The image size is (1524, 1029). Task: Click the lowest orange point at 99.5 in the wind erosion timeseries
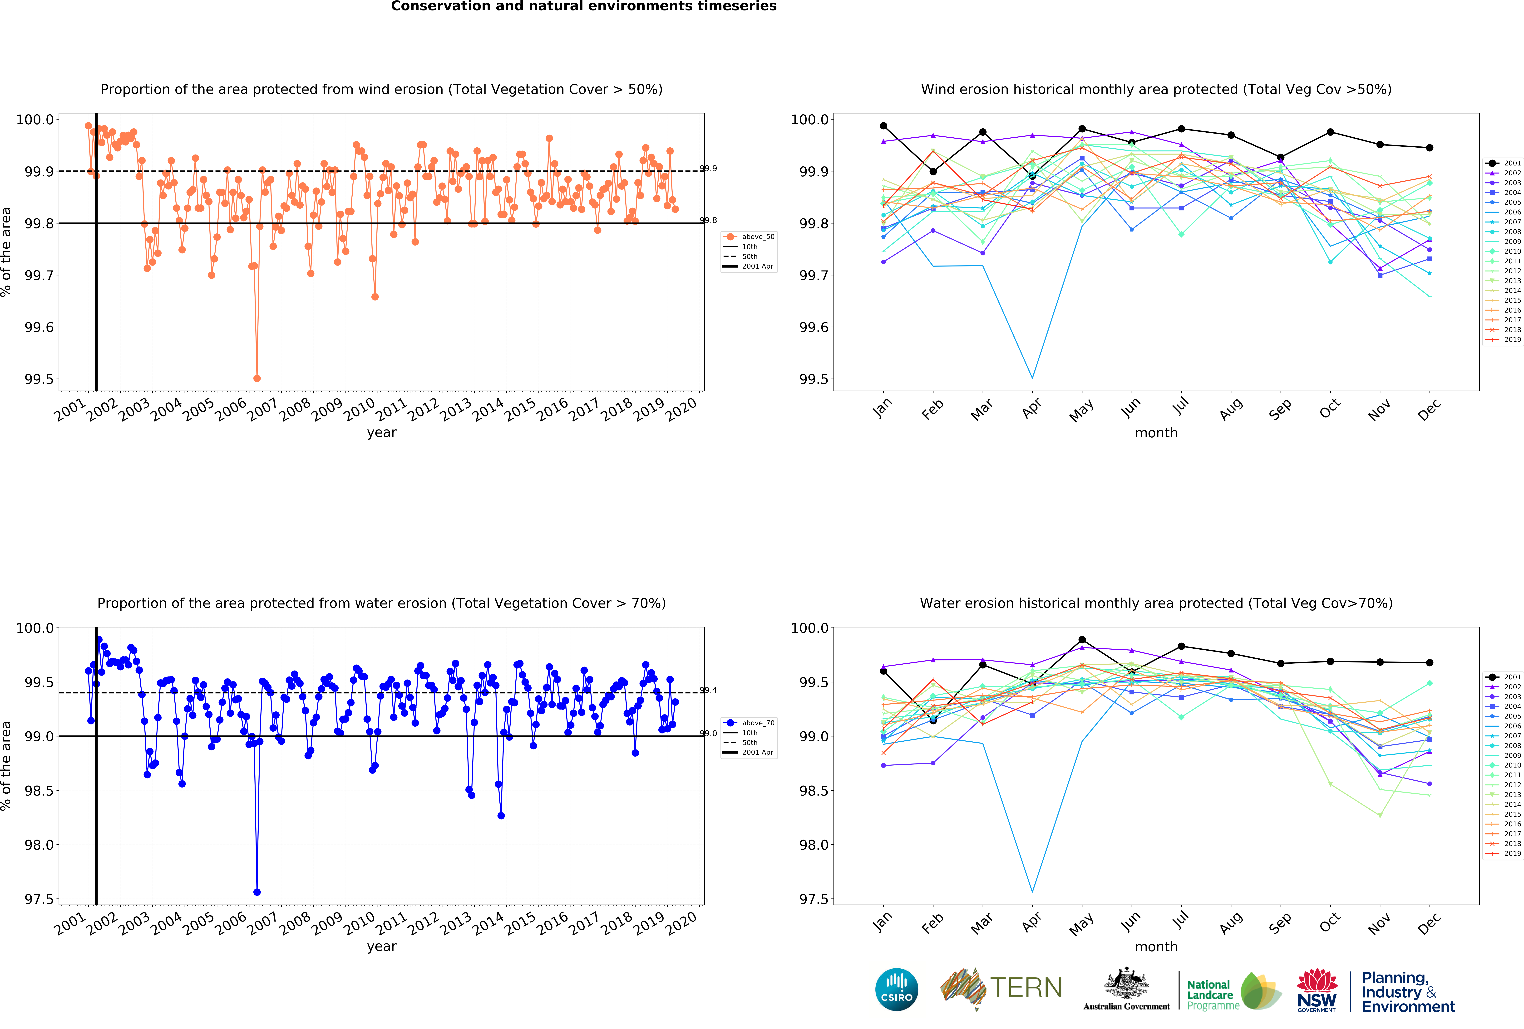point(257,378)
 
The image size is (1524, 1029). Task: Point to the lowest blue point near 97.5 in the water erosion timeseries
point(257,892)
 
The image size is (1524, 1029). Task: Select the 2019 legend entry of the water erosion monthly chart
point(1505,853)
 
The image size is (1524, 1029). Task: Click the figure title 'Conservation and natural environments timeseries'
point(584,7)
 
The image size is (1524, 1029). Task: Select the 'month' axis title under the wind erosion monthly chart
point(1156,433)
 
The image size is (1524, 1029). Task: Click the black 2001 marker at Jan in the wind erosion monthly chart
point(883,126)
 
